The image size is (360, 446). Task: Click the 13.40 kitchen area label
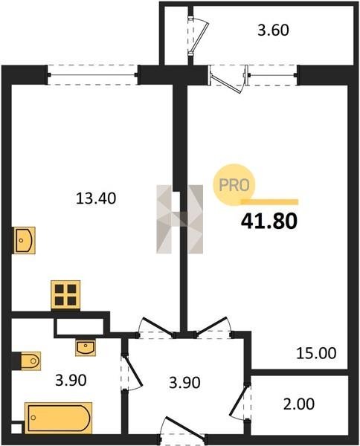coord(96,198)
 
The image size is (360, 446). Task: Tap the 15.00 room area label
coord(316,353)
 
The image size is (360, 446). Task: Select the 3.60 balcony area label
coord(273,30)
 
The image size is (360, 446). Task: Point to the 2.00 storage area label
coord(299,404)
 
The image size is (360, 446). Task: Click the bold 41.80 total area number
coord(269,222)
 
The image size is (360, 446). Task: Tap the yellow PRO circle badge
coord(234,184)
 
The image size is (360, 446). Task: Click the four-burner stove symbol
coord(65,294)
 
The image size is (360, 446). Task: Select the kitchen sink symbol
coord(25,240)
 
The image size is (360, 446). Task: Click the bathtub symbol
coord(58,418)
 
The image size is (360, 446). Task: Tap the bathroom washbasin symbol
coord(86,347)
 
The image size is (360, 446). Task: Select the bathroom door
coord(131,372)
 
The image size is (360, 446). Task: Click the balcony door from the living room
coord(226,79)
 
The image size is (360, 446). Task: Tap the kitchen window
coord(93,75)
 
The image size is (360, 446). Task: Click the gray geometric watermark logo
coord(179,219)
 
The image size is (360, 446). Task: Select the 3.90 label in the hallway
coord(184,383)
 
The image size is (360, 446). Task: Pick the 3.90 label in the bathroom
coord(71,381)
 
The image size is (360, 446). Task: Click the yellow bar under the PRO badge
coord(269,202)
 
